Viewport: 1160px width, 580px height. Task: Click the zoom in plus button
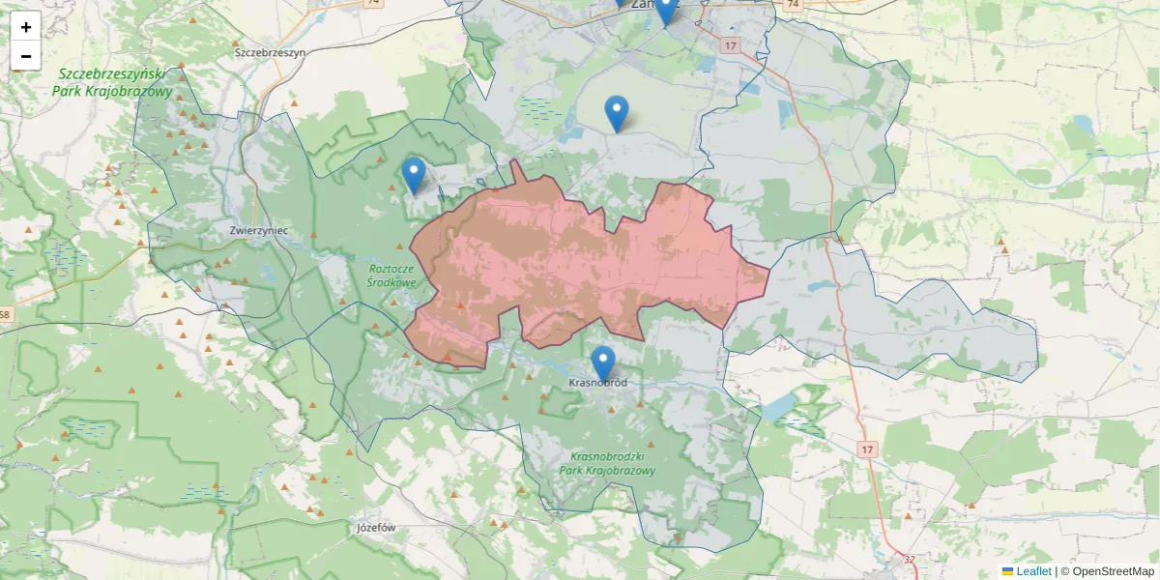pyautogui.click(x=26, y=27)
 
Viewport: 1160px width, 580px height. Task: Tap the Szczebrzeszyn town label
pyautogui.click(x=270, y=52)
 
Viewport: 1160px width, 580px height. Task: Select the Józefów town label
pyautogui.click(x=378, y=528)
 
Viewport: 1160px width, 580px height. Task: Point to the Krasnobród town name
pyautogui.click(x=598, y=383)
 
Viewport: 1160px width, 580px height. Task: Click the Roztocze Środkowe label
pyautogui.click(x=391, y=275)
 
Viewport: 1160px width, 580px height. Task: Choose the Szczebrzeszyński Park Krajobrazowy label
pyautogui.click(x=114, y=83)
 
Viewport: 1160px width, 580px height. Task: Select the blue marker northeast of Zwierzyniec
pyautogui.click(x=414, y=175)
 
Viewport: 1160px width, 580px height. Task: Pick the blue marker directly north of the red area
pyautogui.click(x=616, y=113)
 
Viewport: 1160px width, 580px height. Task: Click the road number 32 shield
pyautogui.click(x=909, y=559)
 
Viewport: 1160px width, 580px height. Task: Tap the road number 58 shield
pyautogui.click(x=6, y=315)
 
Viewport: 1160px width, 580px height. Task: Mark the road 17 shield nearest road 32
pyautogui.click(x=867, y=449)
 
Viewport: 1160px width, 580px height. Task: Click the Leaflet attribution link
pyautogui.click(x=1032, y=571)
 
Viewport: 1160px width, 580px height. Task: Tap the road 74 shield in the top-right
pyautogui.click(x=793, y=5)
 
